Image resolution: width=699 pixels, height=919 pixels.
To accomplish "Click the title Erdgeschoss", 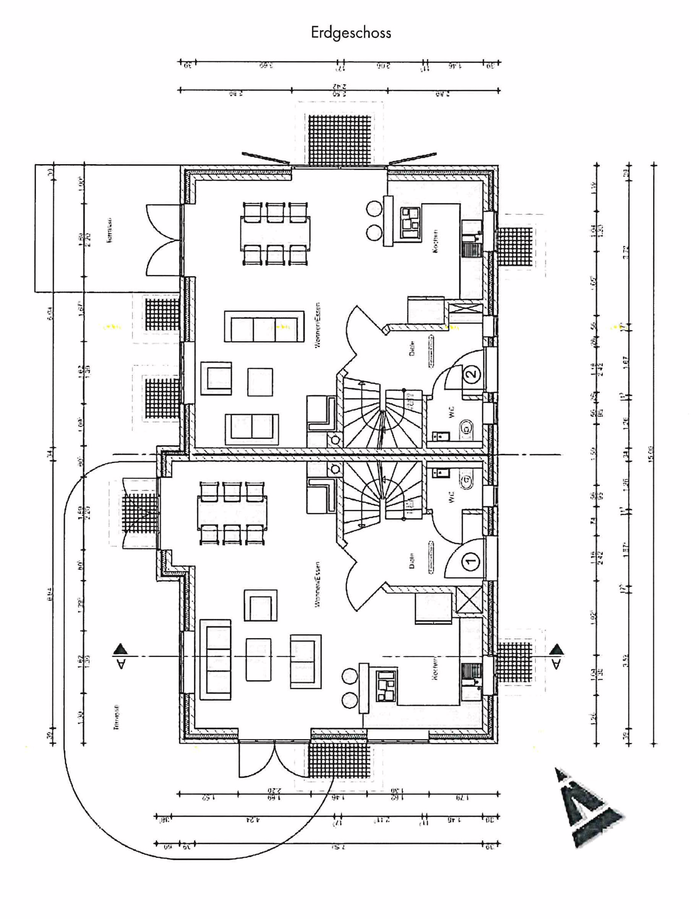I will pos(351,33).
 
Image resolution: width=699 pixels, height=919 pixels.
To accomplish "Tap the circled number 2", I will pos(471,373).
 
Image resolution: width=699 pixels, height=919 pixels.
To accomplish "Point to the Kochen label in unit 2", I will pos(435,241).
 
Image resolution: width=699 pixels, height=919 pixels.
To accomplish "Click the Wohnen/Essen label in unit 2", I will pos(317,325).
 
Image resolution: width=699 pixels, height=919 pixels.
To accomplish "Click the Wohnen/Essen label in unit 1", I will pos(317,584).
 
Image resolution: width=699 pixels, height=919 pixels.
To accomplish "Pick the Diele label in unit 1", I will pos(412,561).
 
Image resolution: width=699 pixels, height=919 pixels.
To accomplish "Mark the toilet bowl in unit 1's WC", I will pos(466,480).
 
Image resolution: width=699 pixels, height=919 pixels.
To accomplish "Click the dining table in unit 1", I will pos(231,513).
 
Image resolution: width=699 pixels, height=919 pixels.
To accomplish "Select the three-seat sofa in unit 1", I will pos(215,660).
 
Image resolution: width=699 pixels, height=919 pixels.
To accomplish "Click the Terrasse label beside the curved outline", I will pos(116,717).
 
